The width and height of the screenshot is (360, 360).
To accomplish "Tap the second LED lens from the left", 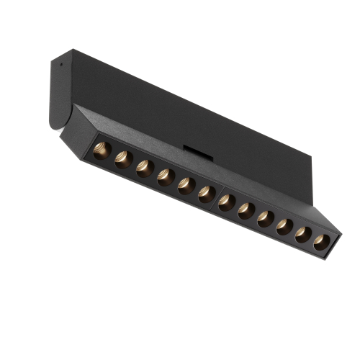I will tap(122, 159).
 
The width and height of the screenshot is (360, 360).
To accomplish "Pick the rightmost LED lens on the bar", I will tap(321, 243).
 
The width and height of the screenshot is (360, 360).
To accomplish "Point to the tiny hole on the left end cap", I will tap(61, 63).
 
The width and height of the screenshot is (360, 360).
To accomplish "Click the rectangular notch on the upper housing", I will tap(193, 149).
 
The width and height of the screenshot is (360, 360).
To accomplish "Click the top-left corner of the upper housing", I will tap(71, 50).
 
